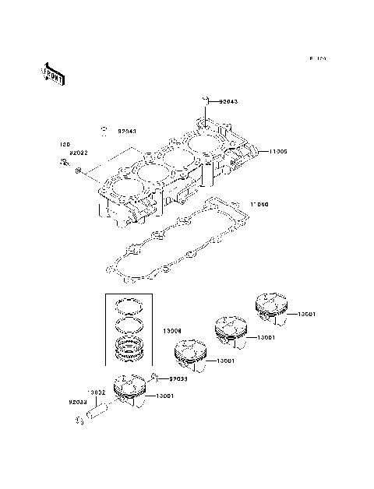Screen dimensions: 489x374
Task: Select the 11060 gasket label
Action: point(259,205)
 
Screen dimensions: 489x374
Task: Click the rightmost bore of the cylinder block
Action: point(201,146)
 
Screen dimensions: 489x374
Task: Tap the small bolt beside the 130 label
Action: point(63,163)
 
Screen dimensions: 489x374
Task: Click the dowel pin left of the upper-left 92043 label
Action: point(102,129)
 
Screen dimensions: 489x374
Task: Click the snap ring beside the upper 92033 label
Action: point(155,378)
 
